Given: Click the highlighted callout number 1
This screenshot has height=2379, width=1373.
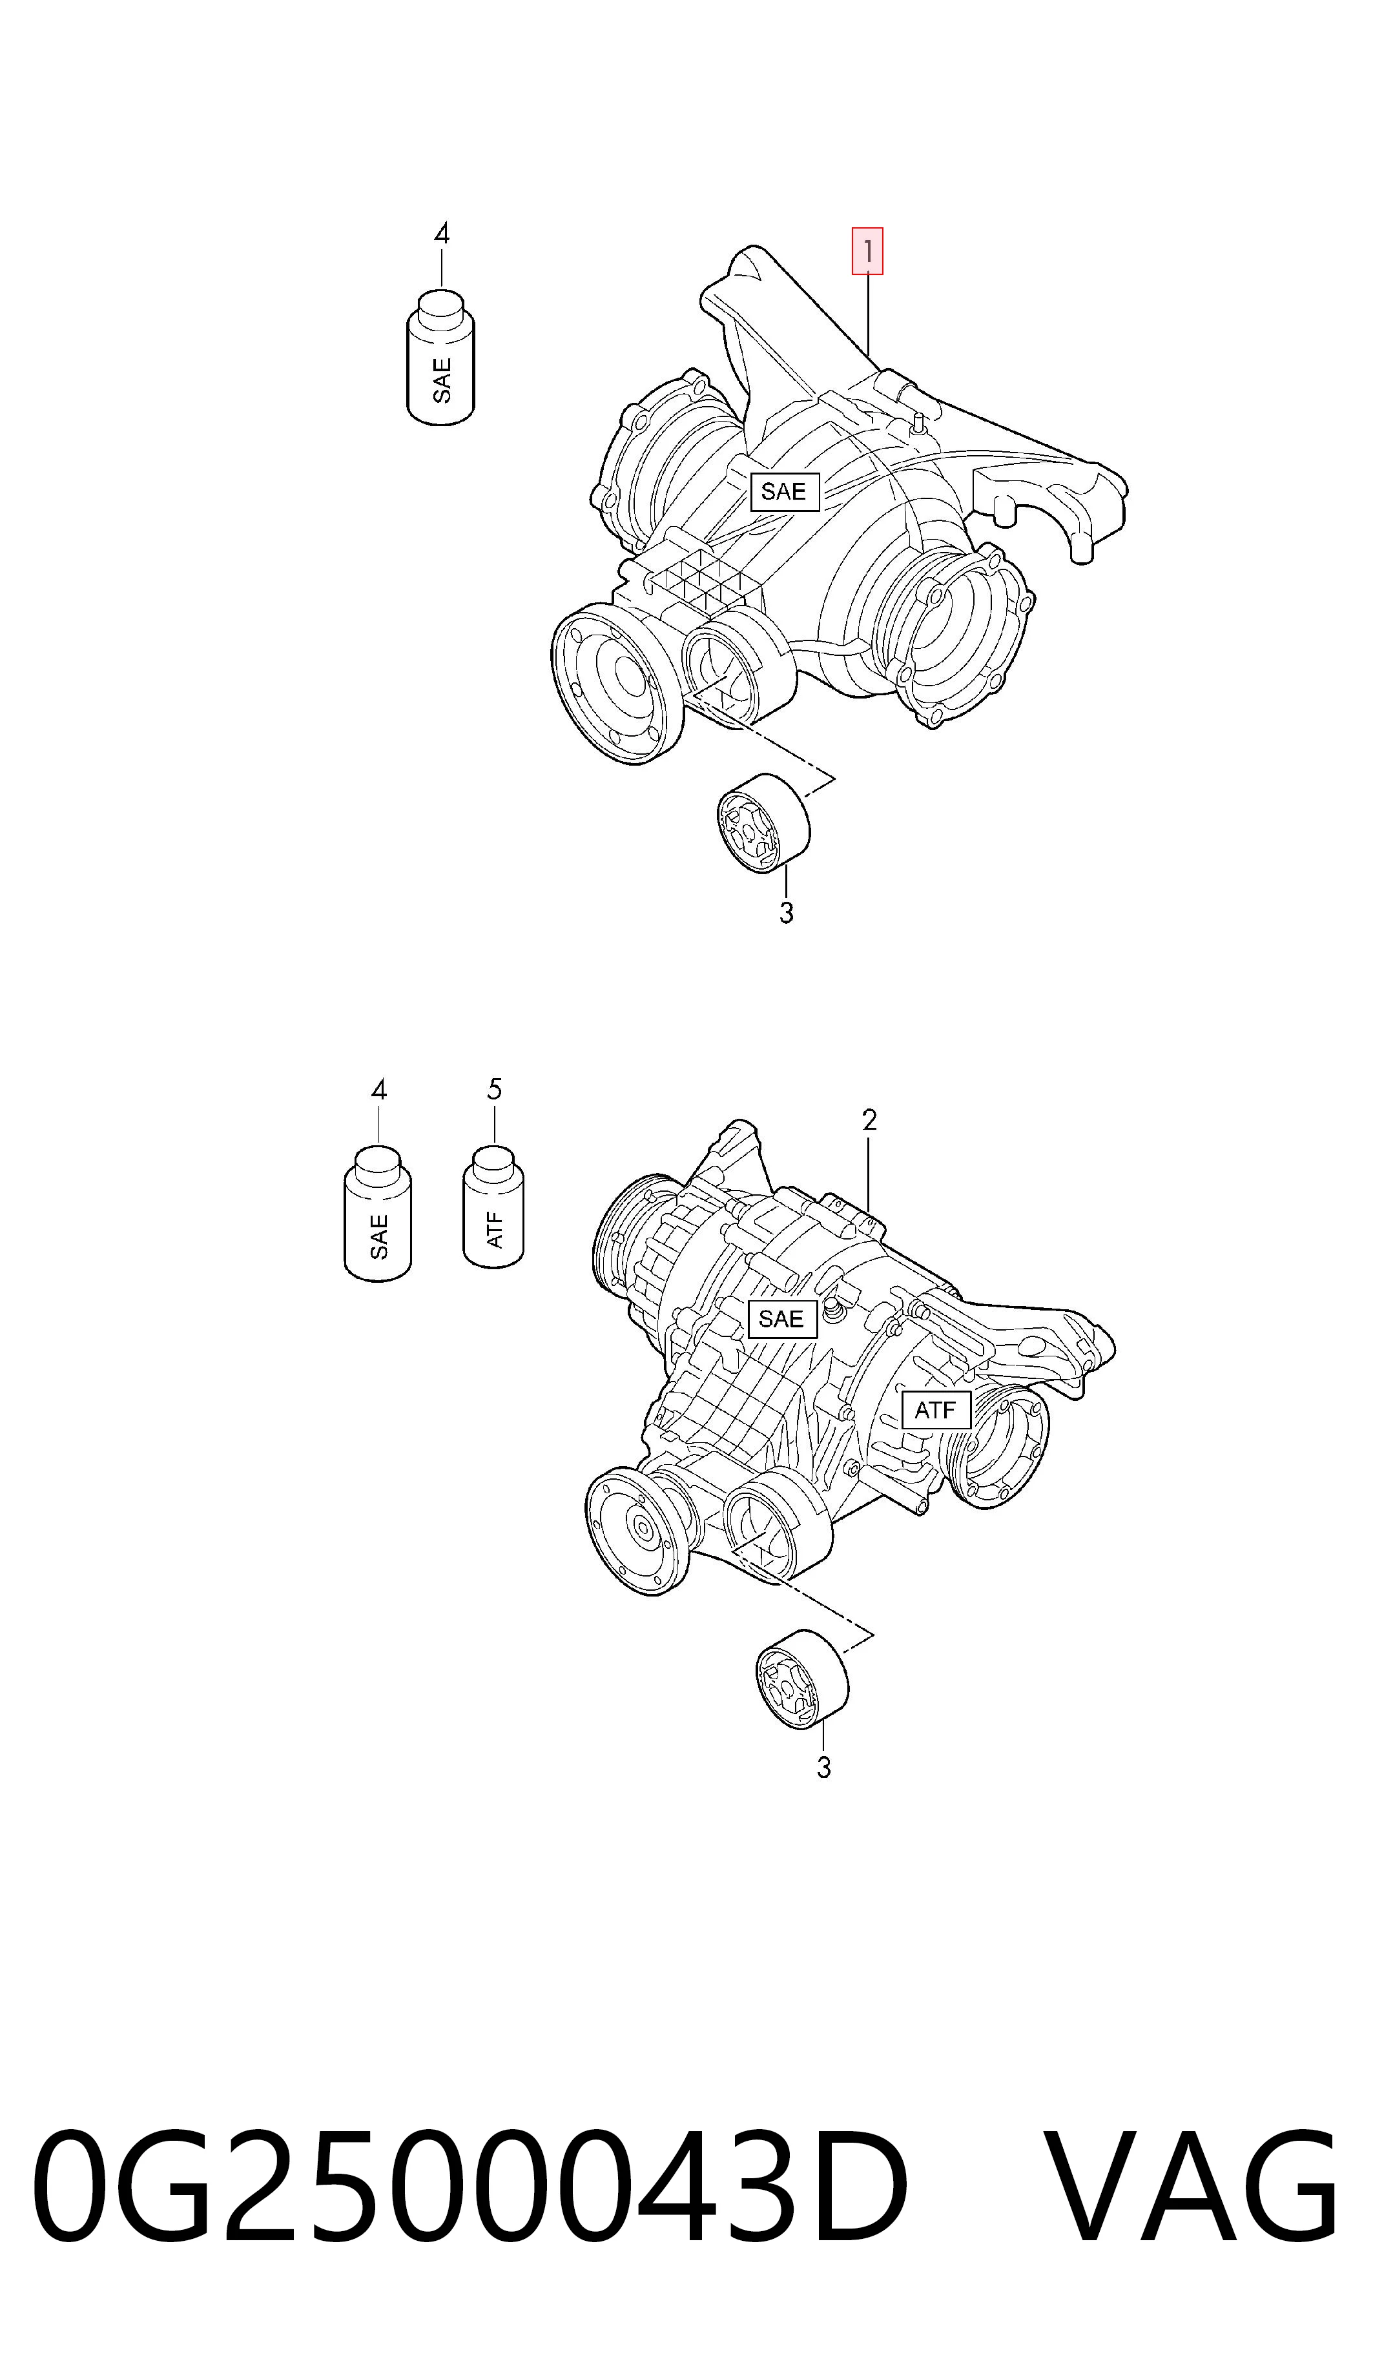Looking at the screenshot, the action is coord(867,252).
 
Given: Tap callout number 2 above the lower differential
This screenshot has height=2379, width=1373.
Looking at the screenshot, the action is coord(869,1119).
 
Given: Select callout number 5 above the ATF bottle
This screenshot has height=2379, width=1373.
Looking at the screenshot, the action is coord(494,1090).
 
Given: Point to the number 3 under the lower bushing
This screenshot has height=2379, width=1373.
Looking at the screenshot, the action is coord(824,1767).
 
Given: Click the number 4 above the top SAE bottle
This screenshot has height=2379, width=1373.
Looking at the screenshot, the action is coord(441,233).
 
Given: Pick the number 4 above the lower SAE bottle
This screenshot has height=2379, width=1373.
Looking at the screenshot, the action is coord(378,1090).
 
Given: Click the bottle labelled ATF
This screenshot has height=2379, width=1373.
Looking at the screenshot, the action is coord(493,1207).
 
